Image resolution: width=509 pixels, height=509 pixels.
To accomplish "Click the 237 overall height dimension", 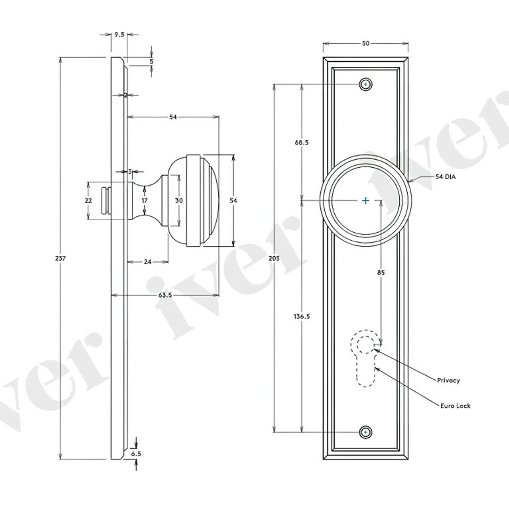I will click(60, 259).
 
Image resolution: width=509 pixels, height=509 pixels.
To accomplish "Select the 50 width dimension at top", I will click(365, 43).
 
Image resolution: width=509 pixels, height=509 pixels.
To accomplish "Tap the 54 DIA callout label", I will click(445, 177).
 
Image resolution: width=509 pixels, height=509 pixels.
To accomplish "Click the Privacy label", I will click(448, 380).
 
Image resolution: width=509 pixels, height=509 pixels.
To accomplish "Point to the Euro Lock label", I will click(455, 405).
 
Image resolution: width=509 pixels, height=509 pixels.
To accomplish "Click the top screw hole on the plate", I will click(366, 84).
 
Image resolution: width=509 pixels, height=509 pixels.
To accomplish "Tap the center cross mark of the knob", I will click(366, 200).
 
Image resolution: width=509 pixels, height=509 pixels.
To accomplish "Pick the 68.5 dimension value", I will click(302, 142).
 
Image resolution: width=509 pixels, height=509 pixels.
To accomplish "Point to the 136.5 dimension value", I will click(302, 316).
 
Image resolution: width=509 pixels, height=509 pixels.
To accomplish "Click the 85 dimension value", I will click(381, 273).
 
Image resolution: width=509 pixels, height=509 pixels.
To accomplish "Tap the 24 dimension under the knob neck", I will click(147, 261).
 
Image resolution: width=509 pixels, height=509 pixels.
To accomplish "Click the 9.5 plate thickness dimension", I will click(119, 35).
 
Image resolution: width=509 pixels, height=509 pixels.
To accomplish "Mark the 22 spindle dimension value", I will click(88, 200).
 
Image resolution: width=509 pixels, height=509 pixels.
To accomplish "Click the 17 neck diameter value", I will click(145, 200).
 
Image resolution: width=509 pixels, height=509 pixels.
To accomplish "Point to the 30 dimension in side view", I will click(179, 200).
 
